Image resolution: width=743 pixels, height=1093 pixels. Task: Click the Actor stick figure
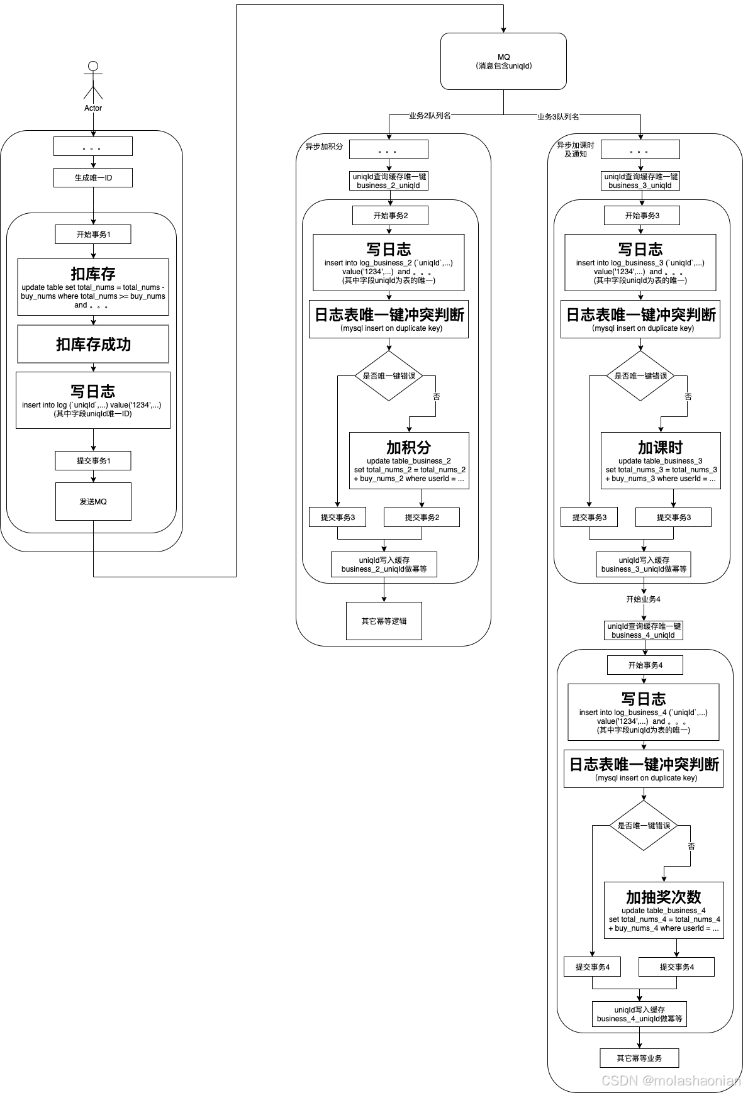93,81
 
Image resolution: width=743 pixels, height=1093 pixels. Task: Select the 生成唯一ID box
93,178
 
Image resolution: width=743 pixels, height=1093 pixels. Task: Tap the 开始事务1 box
93,235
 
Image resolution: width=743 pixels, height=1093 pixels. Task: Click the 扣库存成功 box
93,344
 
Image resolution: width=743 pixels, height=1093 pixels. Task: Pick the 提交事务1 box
93,461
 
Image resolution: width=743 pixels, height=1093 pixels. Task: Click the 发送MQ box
93,502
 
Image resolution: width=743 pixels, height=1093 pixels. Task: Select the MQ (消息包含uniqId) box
503,61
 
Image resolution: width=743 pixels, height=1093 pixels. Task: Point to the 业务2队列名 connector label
430,116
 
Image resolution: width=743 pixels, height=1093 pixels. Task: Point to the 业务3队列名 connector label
558,117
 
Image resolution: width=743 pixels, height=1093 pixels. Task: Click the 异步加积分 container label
324,147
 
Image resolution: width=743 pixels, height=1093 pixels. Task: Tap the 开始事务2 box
390,216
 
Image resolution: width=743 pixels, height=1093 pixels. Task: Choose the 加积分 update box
409,461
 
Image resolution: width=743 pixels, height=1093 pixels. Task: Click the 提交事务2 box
422,518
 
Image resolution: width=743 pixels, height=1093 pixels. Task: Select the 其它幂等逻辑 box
384,621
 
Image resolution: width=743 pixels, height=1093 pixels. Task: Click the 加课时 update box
661,461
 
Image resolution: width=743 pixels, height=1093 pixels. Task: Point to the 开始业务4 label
643,599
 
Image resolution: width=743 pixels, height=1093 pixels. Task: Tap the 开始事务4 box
645,665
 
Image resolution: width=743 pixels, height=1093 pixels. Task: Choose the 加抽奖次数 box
664,911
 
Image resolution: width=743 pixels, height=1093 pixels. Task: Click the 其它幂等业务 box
639,1058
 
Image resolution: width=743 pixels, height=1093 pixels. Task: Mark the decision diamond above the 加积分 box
389,376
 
